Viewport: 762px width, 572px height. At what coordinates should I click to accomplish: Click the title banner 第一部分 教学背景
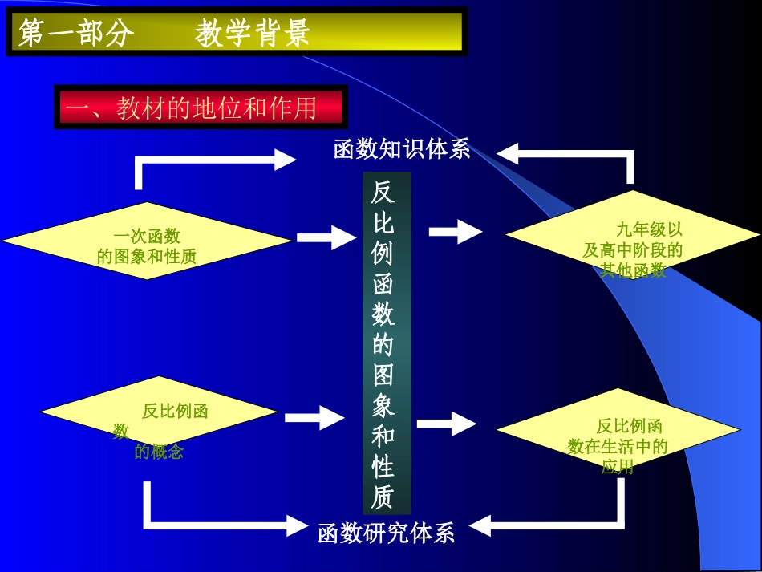click(x=237, y=32)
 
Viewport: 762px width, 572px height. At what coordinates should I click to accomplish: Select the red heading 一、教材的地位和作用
click(x=201, y=109)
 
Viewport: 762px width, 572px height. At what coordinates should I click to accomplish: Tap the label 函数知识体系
click(x=402, y=149)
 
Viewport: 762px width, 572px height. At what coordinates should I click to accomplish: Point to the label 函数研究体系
click(x=387, y=532)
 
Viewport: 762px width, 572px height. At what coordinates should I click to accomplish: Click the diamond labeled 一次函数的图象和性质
click(x=146, y=241)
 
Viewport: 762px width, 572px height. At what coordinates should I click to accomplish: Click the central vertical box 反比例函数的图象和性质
click(x=387, y=343)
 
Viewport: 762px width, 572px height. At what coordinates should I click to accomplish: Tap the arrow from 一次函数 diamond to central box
click(x=326, y=237)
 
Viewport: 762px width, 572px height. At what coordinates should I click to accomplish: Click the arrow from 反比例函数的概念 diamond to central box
click(x=314, y=417)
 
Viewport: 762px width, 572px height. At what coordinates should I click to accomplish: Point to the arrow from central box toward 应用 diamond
click(x=447, y=423)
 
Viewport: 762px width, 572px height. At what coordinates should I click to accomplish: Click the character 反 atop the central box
click(x=383, y=192)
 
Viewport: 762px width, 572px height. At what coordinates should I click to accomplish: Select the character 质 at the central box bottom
click(x=383, y=497)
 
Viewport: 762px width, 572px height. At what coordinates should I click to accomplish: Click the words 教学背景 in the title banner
click(x=252, y=33)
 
